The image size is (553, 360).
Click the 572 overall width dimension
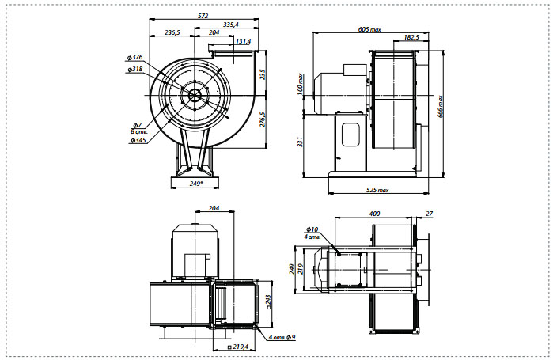click(203, 16)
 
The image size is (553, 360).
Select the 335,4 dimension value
click(231, 25)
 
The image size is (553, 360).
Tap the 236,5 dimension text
click(172, 32)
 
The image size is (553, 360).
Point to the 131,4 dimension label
click(243, 41)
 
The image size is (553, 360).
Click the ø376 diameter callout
click(136, 58)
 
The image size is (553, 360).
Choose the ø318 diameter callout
click(136, 69)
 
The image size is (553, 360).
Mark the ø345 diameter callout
click(138, 140)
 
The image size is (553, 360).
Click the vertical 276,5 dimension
click(263, 119)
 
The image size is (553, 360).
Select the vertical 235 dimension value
click(263, 74)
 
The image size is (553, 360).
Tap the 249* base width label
click(196, 184)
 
